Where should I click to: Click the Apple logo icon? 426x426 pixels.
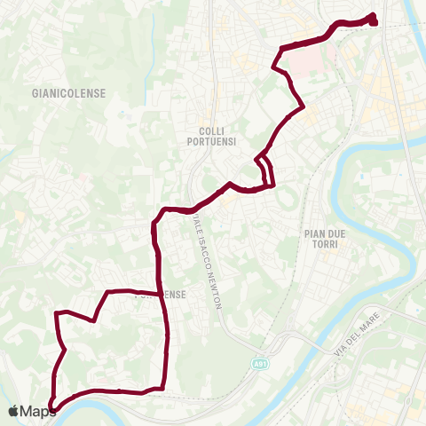pos(14,411)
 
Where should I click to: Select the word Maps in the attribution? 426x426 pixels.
pos(39,411)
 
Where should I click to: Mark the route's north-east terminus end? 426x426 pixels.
pos(373,19)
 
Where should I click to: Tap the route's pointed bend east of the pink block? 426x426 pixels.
pos(304,107)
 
